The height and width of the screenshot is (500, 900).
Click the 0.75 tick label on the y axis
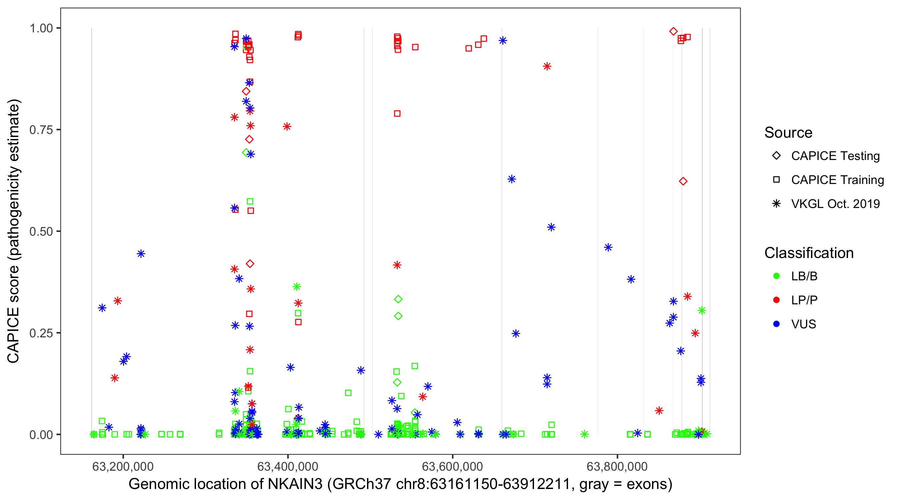[x=41, y=130]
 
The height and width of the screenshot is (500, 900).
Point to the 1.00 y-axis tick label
[x=41, y=28]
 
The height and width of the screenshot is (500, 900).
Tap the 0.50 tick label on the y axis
[x=41, y=232]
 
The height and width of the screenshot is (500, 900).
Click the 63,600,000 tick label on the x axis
[x=452, y=466]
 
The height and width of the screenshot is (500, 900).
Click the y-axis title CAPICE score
[x=14, y=231]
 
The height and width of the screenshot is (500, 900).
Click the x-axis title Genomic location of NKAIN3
[x=400, y=484]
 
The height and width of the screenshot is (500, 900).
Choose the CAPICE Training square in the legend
[x=776, y=180]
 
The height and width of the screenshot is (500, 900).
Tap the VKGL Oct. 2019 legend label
[x=835, y=204]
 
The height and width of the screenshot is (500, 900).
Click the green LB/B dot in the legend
[x=776, y=276]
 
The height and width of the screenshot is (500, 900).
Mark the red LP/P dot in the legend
[x=776, y=300]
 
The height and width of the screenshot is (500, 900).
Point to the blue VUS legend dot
[x=776, y=324]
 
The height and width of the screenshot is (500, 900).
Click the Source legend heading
[x=788, y=133]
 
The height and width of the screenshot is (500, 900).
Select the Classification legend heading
[x=809, y=253]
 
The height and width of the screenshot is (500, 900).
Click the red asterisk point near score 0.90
[x=547, y=66]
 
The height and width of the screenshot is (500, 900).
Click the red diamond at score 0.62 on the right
[x=683, y=181]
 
